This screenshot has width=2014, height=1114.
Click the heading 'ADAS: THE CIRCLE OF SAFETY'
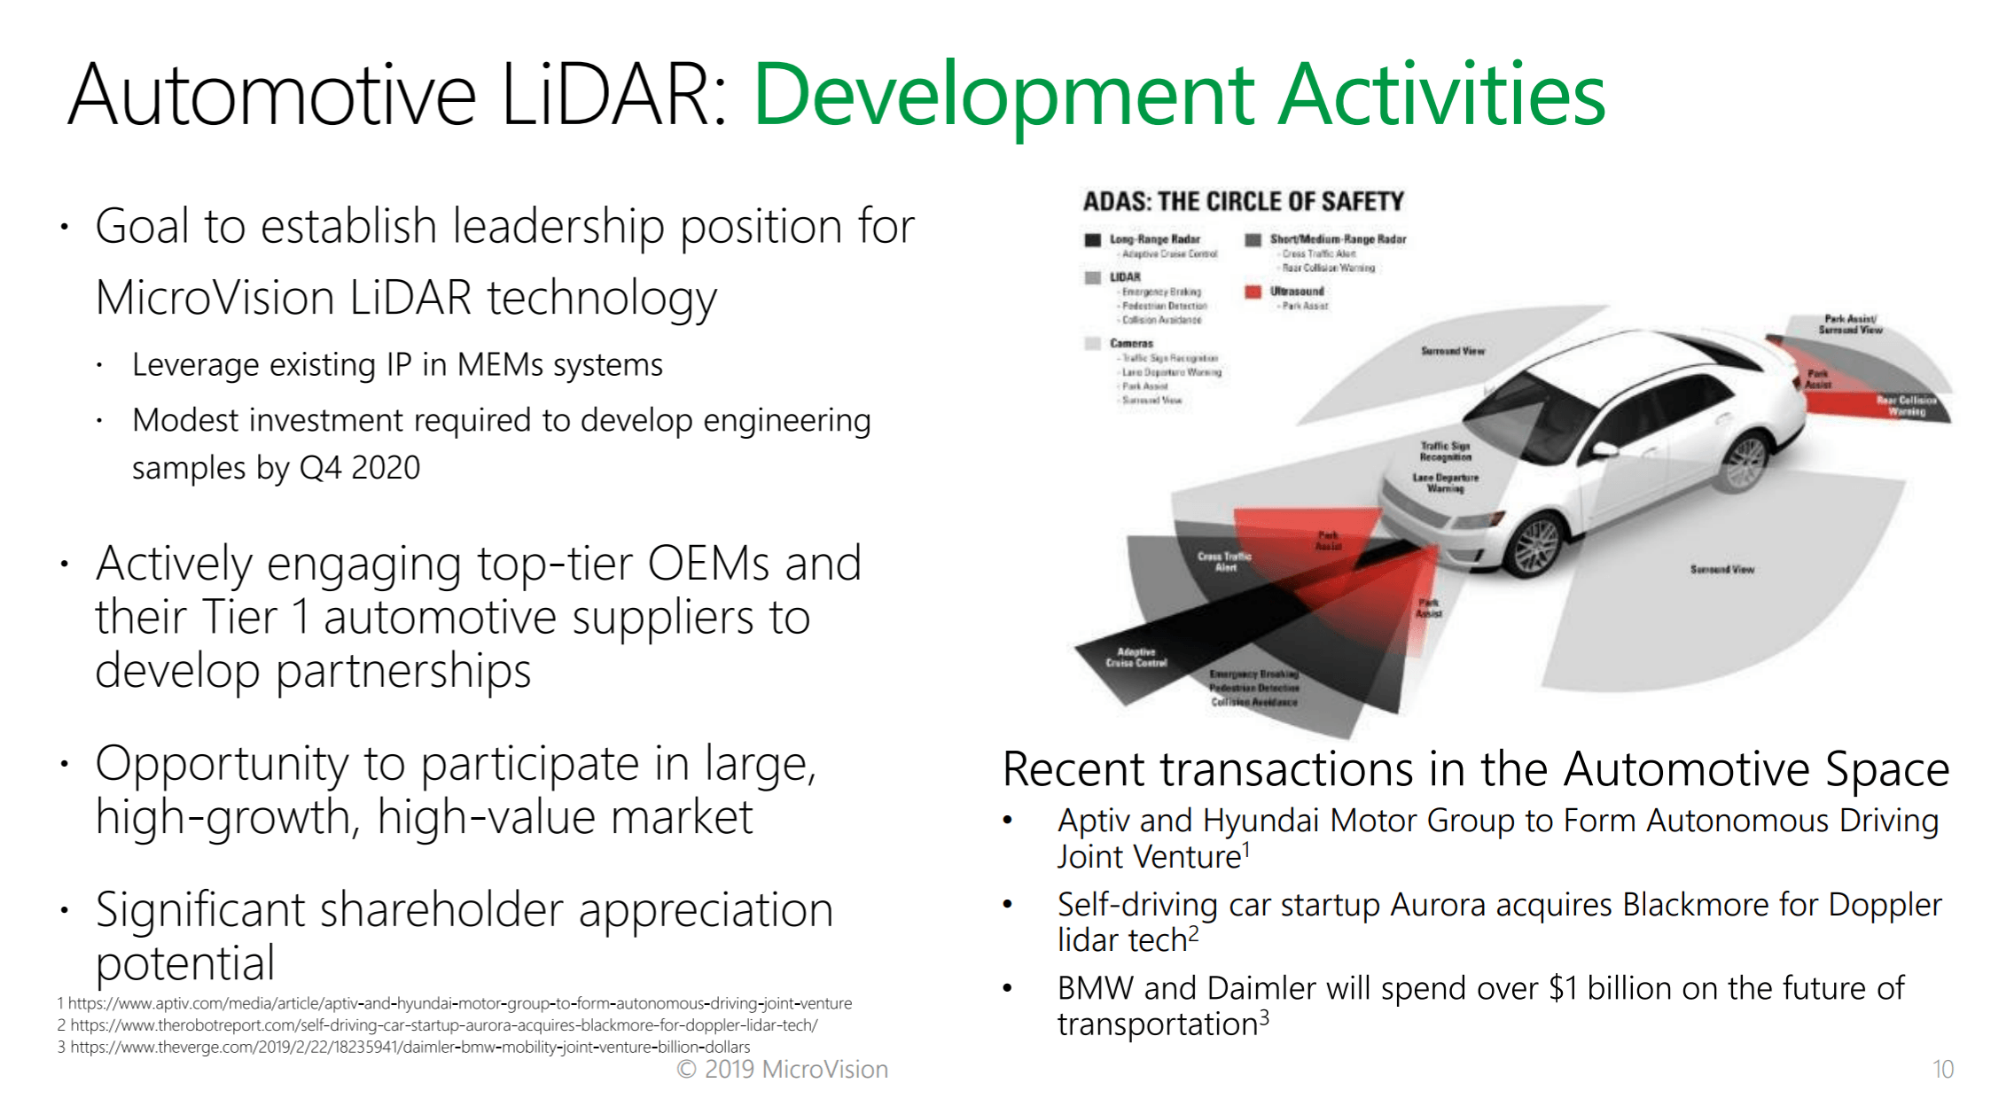point(1243,202)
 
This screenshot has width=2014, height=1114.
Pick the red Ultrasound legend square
point(1253,292)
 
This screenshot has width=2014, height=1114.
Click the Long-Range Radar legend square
point(1092,239)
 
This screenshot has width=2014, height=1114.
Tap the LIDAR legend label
point(1125,277)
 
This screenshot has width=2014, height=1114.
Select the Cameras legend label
point(1131,343)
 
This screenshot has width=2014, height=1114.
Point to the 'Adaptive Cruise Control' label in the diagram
point(1136,658)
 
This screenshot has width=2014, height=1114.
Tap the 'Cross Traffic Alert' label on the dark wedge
point(1224,562)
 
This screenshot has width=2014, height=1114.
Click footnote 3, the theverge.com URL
point(408,1048)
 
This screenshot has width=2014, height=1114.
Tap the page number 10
point(1942,1070)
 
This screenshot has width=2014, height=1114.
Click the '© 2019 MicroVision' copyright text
point(782,1070)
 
